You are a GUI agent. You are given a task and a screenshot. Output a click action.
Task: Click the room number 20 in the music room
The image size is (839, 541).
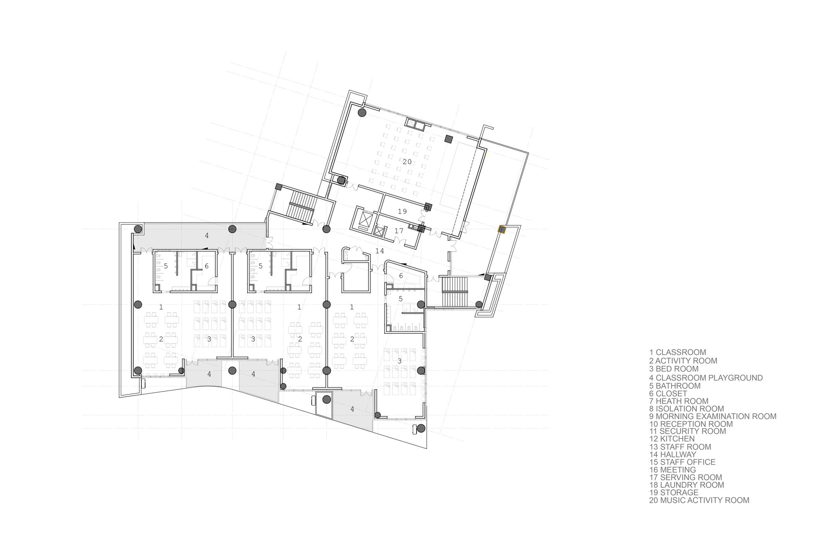coord(407,162)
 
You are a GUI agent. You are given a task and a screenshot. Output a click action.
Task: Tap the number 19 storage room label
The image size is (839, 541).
coord(402,211)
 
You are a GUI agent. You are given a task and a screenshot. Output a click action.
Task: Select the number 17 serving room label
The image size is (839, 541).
coord(399,231)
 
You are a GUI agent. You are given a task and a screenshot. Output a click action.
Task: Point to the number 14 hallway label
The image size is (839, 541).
coord(380,251)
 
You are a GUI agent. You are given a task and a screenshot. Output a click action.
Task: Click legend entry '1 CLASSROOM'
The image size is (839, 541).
coord(677,352)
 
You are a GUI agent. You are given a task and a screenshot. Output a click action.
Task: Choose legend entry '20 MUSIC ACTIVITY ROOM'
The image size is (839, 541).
coord(699,500)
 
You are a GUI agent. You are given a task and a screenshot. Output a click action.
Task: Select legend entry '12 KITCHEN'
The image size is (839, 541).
coord(672,439)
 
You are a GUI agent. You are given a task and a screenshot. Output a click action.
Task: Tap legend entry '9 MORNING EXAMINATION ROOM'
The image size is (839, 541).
coord(713,416)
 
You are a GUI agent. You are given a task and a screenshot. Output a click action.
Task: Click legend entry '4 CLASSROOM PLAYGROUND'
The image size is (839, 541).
coord(706,377)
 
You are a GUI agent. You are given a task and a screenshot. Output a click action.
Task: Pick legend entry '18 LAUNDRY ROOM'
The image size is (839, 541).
coord(686,485)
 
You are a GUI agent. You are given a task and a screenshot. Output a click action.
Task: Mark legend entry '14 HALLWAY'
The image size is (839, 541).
coord(672,454)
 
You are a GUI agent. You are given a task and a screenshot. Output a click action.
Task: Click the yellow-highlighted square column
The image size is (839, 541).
coord(502,229)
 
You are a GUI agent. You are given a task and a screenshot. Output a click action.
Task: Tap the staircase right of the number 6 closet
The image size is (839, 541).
coord(455,292)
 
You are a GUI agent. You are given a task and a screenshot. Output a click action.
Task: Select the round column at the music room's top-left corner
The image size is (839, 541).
coord(362,112)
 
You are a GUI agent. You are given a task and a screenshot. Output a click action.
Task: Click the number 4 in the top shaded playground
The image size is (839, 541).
coord(206,236)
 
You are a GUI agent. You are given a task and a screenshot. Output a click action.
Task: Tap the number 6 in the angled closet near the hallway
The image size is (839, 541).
coord(401,276)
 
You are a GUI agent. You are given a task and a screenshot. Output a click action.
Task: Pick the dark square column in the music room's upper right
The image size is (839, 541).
coord(448,139)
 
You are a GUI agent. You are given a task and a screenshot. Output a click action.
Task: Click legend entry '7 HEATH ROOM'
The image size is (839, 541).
coord(679,401)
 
